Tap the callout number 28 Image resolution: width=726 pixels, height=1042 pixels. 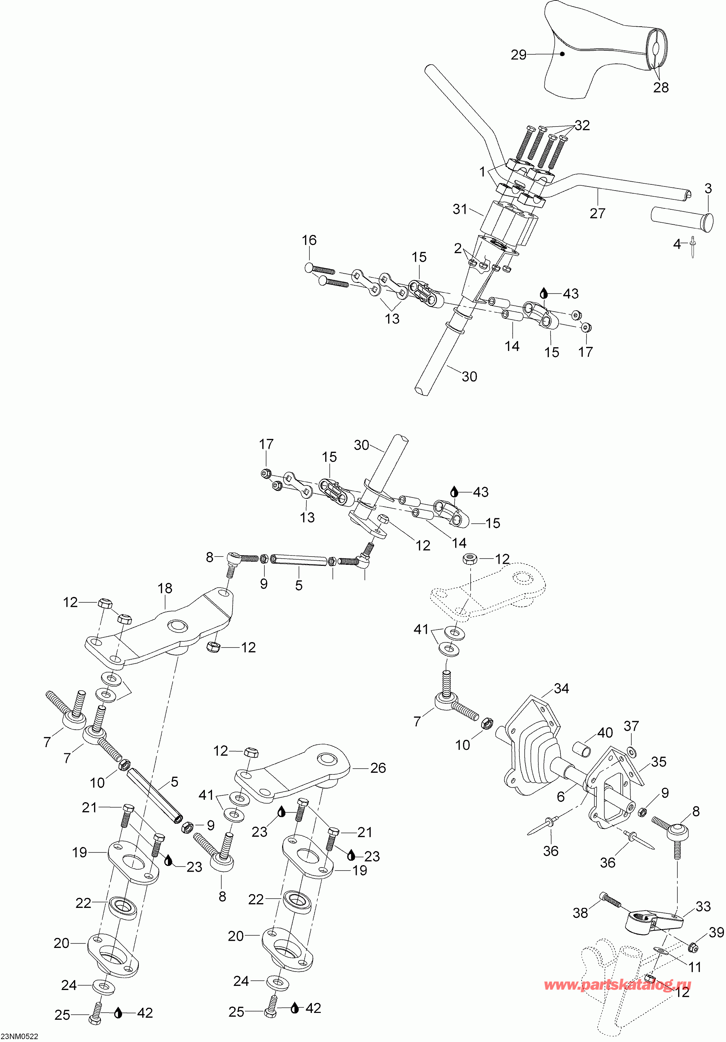tap(661, 87)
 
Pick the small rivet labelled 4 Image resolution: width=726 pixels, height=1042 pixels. tap(693, 247)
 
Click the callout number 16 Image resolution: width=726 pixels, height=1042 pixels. tap(309, 240)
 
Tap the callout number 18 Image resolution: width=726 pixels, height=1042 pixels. tap(165, 588)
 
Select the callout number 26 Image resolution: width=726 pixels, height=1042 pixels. tap(378, 768)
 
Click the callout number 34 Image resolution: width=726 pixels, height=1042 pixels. tap(561, 689)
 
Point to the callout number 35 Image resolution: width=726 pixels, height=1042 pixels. tap(658, 761)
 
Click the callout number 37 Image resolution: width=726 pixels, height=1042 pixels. tap(631, 726)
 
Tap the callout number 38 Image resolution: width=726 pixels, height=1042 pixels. tap(580, 913)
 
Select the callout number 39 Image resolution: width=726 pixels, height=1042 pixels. tap(716, 932)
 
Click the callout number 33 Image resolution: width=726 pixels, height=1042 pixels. tap(703, 906)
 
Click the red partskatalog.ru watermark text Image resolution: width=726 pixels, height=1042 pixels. tap(618, 985)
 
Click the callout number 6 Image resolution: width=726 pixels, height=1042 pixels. tap(561, 796)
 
